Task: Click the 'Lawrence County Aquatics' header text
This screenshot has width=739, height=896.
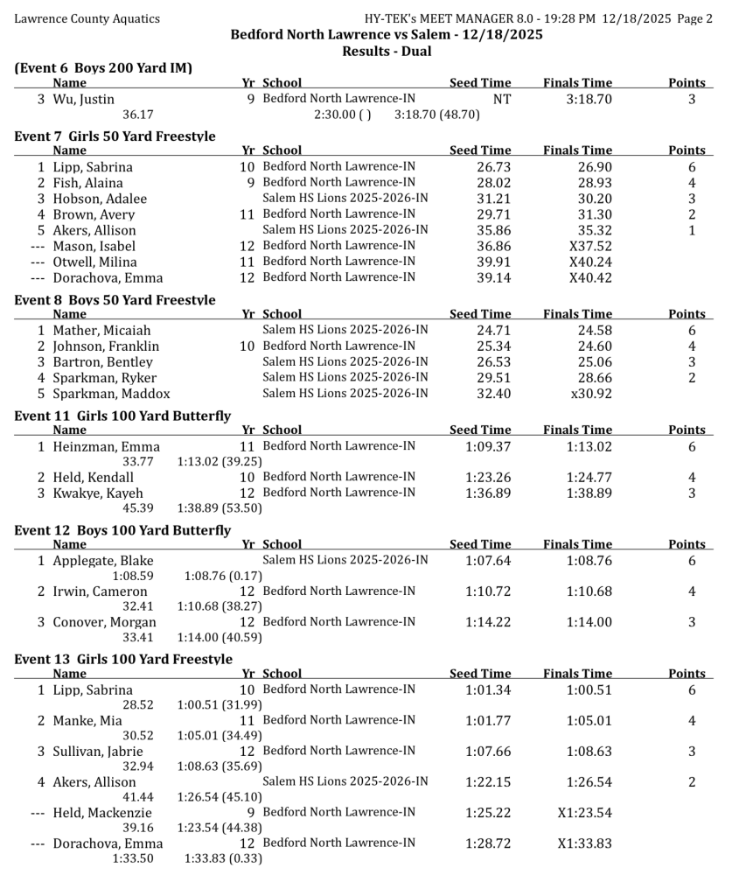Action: (x=87, y=18)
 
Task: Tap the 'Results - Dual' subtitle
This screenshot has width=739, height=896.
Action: (x=387, y=52)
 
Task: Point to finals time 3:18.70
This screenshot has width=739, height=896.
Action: (x=589, y=100)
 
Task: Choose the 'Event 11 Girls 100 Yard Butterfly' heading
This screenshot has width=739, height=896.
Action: (x=123, y=416)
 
